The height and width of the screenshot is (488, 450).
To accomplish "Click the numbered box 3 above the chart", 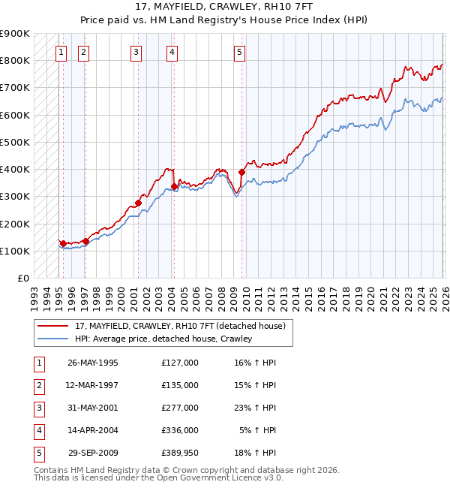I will coord(136,52).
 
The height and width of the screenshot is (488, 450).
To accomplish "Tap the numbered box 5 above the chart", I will coord(239,52).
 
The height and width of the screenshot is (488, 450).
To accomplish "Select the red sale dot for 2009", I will coord(242,172).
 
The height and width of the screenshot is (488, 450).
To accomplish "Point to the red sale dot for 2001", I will coord(139,203).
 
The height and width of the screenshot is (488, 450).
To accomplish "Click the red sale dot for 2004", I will coord(174,187).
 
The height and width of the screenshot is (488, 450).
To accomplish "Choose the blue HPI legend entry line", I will coord(52,339).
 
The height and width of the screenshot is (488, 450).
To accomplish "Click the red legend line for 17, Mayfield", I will coord(52,327).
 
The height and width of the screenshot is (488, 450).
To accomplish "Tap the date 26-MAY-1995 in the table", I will coord(93,363).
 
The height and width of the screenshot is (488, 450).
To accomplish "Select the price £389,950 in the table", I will coord(179,453).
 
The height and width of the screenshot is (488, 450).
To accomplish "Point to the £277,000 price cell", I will coord(179,408).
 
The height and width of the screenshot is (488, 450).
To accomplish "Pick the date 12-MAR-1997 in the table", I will coord(93,385).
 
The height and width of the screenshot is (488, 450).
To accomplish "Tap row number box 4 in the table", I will coord(37,430).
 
